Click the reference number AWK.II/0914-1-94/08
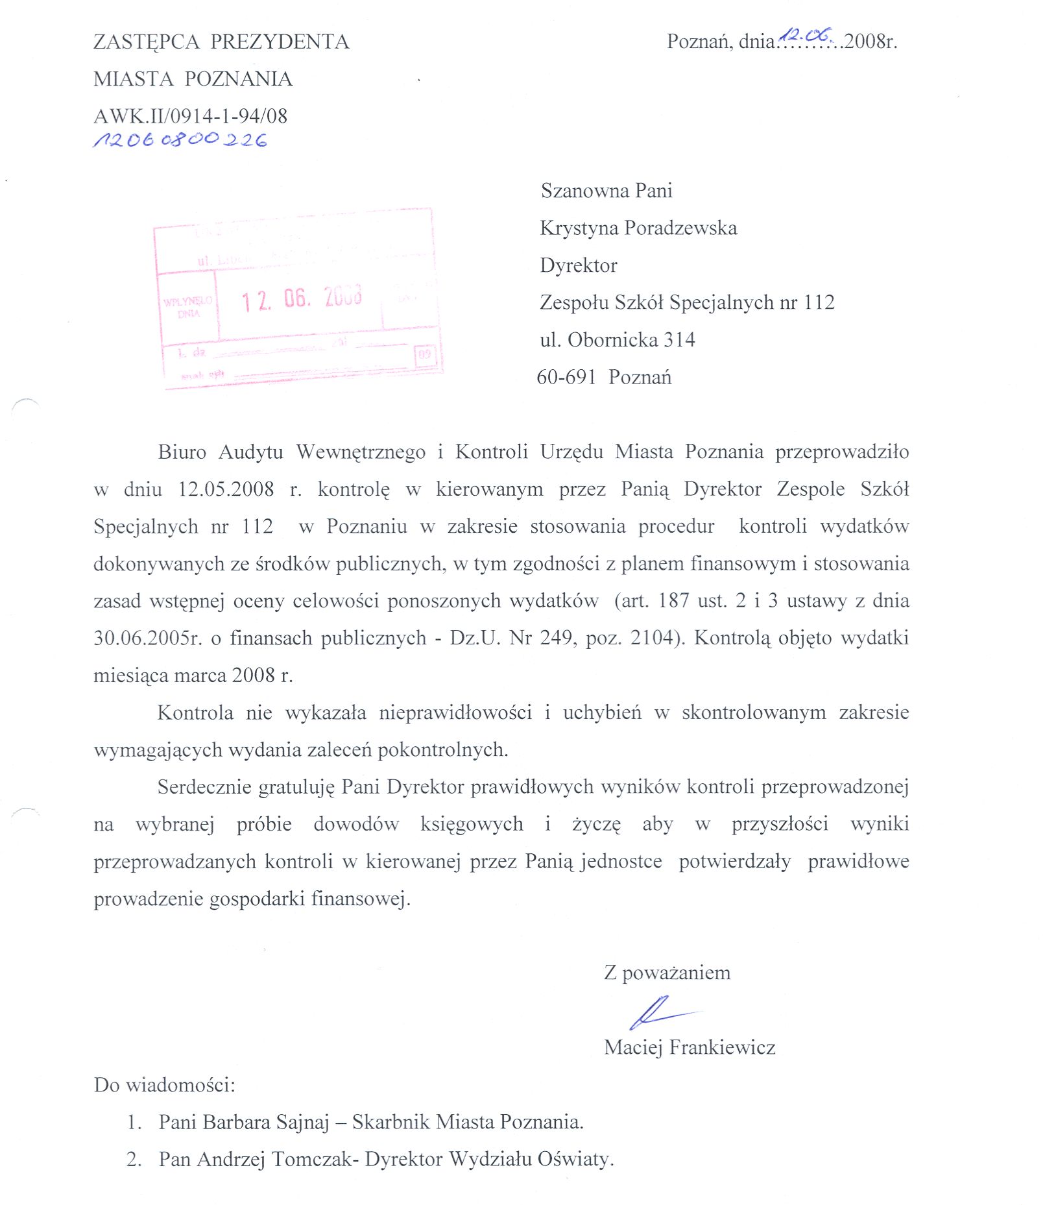coord(190,116)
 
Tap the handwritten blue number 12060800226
coord(180,140)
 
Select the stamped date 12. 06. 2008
coord(302,298)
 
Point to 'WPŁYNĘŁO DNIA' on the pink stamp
coord(188,307)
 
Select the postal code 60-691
coord(566,377)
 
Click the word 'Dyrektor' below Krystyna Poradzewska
coord(579,265)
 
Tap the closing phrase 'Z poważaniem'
coord(667,973)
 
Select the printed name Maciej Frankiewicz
coord(690,1047)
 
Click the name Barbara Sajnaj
coord(266,1122)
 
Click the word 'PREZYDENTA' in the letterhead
coord(280,42)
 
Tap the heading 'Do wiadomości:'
coord(165,1085)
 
